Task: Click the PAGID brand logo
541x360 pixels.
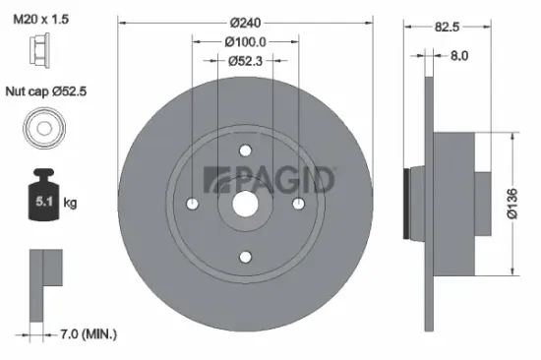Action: (x=269, y=180)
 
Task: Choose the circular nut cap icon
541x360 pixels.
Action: (x=42, y=129)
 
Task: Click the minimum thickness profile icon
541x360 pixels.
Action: (x=44, y=279)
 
